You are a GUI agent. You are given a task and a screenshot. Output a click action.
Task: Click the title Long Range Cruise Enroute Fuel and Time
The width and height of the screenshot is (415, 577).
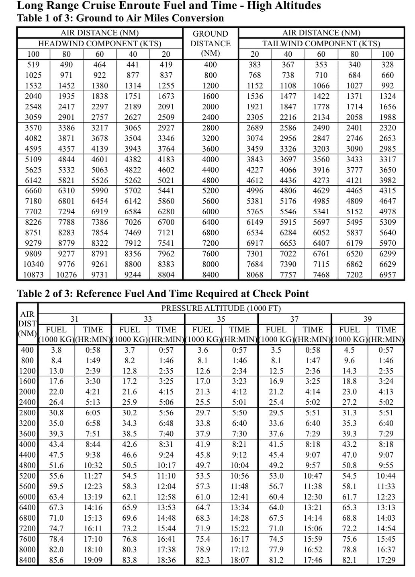pyautogui.click(x=169, y=6)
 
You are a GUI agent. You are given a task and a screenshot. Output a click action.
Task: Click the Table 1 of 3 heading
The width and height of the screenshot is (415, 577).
pyautogui.click(x=120, y=18)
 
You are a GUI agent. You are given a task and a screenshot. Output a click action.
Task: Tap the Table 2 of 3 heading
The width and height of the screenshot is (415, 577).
pyautogui.click(x=163, y=294)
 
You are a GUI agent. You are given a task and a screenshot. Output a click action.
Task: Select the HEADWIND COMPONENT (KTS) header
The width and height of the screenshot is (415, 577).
pyautogui.click(x=100, y=43)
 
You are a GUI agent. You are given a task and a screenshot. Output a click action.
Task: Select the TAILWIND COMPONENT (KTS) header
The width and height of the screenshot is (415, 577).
pyautogui.click(x=321, y=43)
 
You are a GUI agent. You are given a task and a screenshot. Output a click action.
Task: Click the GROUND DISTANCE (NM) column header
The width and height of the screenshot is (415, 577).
pyautogui.click(x=211, y=43)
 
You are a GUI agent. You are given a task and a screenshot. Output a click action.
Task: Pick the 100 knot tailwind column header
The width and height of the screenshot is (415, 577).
pyautogui.click(x=388, y=54)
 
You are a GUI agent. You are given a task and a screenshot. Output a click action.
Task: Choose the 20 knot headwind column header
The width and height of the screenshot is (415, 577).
pyautogui.click(x=166, y=54)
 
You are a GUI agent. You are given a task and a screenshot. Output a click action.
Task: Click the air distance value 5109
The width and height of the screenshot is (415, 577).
pyautogui.click(x=33, y=159)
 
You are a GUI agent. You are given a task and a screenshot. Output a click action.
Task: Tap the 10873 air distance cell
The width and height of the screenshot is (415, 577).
pyautogui.click(x=33, y=275)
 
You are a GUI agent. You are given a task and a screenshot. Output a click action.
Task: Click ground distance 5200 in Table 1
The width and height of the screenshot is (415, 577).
pyautogui.click(x=211, y=191)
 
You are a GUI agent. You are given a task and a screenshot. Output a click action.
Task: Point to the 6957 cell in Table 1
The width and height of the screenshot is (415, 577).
pyautogui.click(x=388, y=275)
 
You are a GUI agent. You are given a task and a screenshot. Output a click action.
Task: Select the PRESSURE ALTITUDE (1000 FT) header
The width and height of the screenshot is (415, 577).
pyautogui.click(x=221, y=308)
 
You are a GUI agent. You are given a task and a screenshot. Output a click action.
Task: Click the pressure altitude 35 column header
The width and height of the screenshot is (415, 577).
pyautogui.click(x=221, y=319)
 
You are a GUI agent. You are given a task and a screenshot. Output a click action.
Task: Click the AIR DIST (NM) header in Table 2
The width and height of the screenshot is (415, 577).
pyautogui.click(x=27, y=324)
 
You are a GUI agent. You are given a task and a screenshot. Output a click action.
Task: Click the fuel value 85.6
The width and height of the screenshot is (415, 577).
pyautogui.click(x=56, y=560)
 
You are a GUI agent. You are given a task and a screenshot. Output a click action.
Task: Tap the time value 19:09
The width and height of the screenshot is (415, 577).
pyautogui.click(x=93, y=560)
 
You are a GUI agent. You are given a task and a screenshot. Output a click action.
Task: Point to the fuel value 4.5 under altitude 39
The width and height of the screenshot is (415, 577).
pyautogui.click(x=350, y=350)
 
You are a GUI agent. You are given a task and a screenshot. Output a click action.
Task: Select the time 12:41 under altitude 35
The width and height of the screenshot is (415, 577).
pyautogui.click(x=239, y=497)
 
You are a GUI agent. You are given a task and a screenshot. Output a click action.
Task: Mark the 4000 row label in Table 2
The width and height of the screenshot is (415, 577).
pyautogui.click(x=27, y=444)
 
